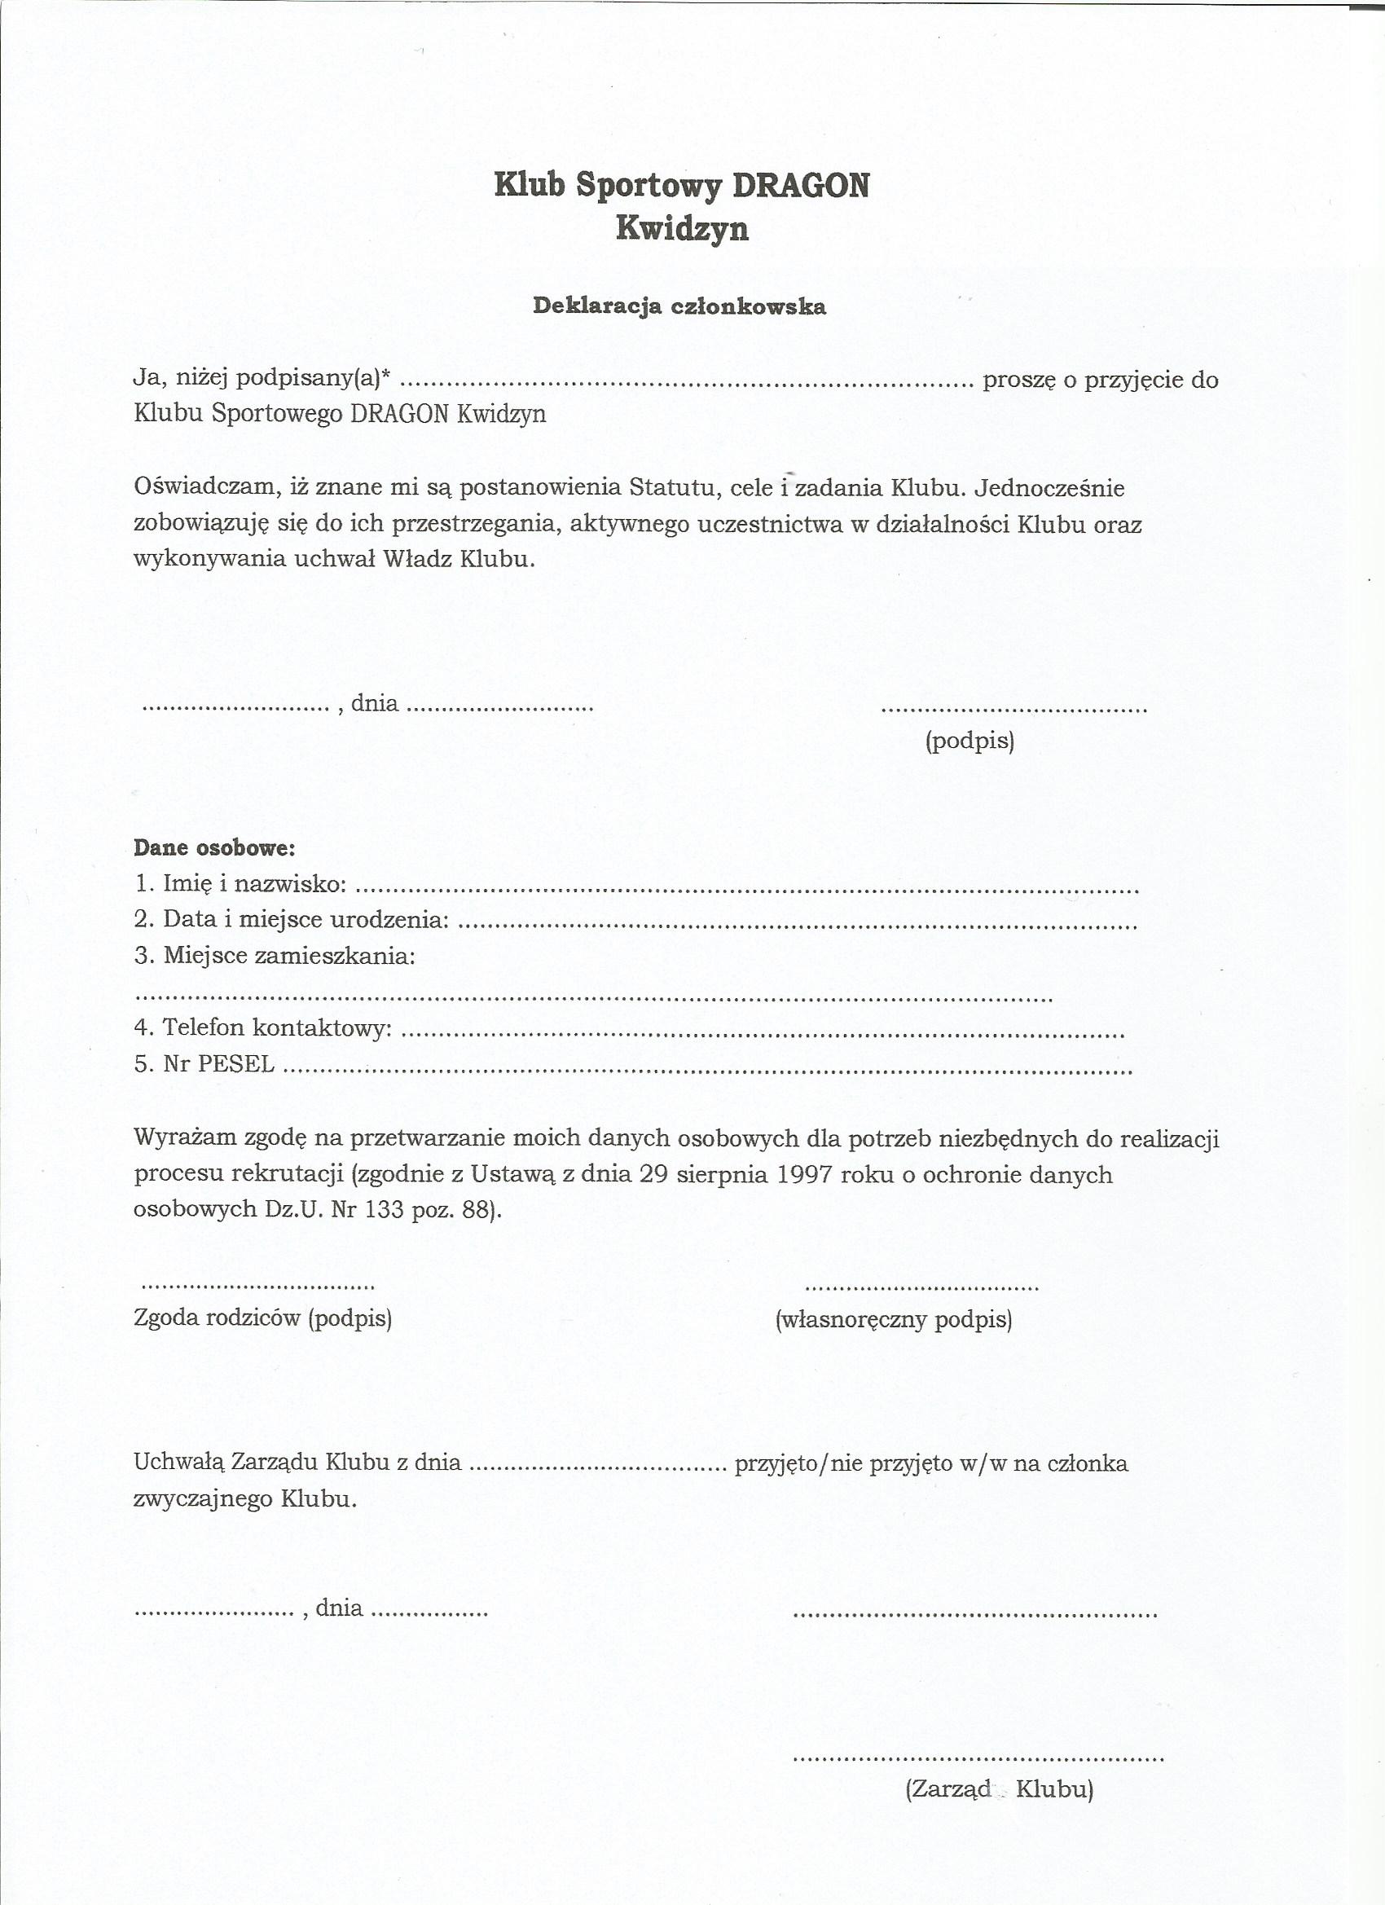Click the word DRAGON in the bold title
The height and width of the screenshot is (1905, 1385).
pyautogui.click(x=800, y=186)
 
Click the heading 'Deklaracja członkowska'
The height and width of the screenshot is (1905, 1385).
pyautogui.click(x=679, y=306)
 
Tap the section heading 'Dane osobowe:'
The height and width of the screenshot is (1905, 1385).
pyautogui.click(x=214, y=847)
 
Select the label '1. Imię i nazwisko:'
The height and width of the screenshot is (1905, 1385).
pyautogui.click(x=240, y=883)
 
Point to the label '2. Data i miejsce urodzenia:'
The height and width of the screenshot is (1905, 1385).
pyautogui.click(x=291, y=920)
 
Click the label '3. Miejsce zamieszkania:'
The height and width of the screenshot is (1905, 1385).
pyautogui.click(x=275, y=956)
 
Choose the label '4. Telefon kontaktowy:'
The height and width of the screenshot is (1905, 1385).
pyautogui.click(x=263, y=1027)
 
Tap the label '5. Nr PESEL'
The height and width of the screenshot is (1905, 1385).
pyautogui.click(x=204, y=1064)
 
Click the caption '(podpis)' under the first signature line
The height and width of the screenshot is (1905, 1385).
pyautogui.click(x=969, y=741)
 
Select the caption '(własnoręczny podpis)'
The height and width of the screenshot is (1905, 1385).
pyautogui.click(x=894, y=1319)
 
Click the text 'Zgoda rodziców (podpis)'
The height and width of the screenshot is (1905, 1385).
pyautogui.click(x=263, y=1318)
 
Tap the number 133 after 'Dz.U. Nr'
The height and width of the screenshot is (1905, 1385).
pyautogui.click(x=385, y=1210)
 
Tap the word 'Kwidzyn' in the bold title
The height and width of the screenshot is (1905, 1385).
pyautogui.click(x=682, y=229)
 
